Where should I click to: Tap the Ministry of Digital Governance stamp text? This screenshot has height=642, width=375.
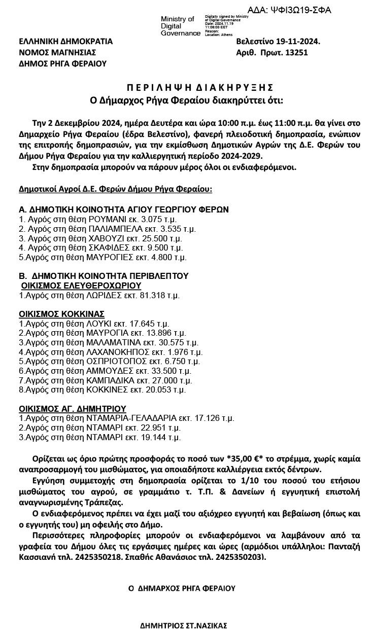pyautogui.click(x=178, y=26)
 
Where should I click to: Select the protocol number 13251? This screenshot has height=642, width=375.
pyautogui.click(x=296, y=52)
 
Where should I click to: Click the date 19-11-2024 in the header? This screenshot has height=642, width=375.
pyautogui.click(x=297, y=41)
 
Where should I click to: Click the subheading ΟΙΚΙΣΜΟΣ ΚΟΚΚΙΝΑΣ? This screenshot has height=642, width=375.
pyautogui.click(x=62, y=314)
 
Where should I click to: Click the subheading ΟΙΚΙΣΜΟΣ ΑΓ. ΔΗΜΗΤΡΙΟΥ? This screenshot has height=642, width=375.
pyautogui.click(x=73, y=408)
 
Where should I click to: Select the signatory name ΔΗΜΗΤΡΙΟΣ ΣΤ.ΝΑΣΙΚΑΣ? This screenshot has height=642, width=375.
pyautogui.click(x=183, y=625)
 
